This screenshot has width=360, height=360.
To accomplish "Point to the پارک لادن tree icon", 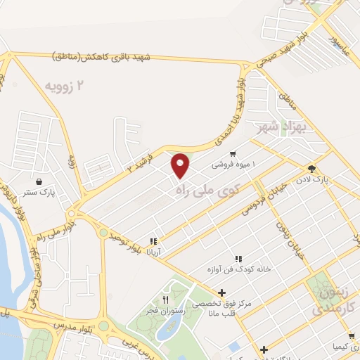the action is click(311, 169).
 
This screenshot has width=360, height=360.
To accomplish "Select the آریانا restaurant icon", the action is click(153, 241).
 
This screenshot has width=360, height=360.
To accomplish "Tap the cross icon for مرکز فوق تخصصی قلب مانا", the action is click(221, 292).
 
